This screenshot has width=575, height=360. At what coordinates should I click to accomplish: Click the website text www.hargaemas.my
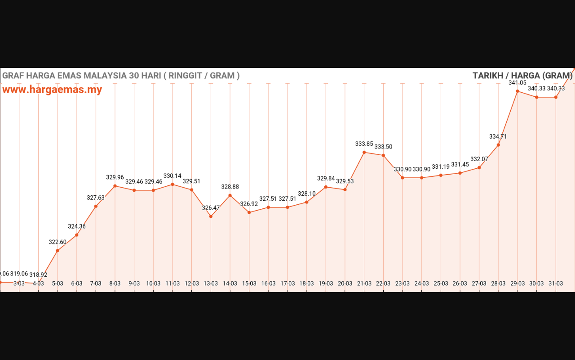[x=52, y=90]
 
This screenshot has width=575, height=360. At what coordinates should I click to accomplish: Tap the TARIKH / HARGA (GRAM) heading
[x=522, y=76]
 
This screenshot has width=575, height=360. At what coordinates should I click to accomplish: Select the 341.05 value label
[x=517, y=83]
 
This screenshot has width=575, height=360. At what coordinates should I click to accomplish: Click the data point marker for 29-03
[x=517, y=91]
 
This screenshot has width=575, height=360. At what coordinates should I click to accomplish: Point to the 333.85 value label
[x=364, y=144]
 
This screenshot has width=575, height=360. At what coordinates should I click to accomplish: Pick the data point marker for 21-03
[x=364, y=153]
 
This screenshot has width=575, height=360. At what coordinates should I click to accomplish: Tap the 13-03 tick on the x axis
[x=211, y=283]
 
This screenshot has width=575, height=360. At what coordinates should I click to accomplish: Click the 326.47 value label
[x=211, y=208]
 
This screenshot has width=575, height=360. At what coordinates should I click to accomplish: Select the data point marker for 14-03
[x=230, y=195]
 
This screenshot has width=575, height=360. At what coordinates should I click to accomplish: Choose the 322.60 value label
[x=57, y=242]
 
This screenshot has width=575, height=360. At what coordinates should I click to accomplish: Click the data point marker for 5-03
[x=57, y=251]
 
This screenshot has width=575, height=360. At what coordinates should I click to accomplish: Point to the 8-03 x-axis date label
[x=115, y=283]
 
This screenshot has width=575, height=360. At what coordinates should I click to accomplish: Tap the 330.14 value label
[x=172, y=176]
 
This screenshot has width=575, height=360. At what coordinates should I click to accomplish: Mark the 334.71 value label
[x=498, y=136]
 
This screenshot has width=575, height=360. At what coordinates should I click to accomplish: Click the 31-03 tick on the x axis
[x=556, y=283]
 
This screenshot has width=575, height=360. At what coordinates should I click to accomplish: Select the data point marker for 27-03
[x=479, y=168]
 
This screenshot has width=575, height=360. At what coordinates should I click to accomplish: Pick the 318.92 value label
[x=38, y=274]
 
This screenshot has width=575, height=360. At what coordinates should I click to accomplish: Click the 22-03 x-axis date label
[x=383, y=283]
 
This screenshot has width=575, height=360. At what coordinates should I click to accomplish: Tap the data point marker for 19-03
[x=326, y=187]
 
